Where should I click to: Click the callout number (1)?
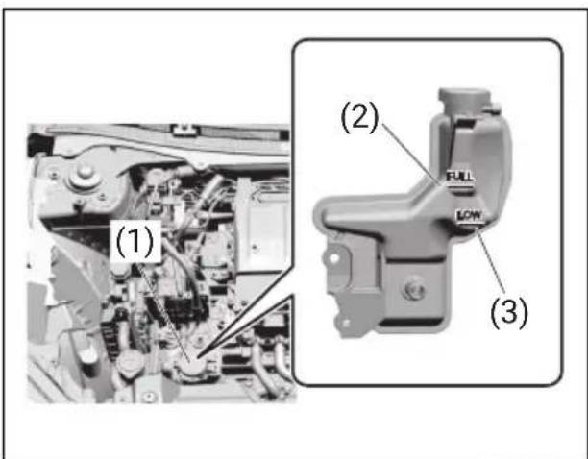pyautogui.click(x=135, y=242)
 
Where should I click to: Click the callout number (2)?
pyautogui.click(x=359, y=117)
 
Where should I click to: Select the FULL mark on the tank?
pyautogui.click(x=460, y=178)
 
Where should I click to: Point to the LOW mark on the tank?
pyautogui.click(x=470, y=215)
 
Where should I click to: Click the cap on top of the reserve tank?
pyautogui.click(x=465, y=99)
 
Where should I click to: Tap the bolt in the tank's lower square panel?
pyautogui.click(x=414, y=290)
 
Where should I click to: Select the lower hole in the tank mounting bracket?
pyautogui.click(x=345, y=323)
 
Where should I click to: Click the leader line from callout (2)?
pyautogui.click(x=412, y=154)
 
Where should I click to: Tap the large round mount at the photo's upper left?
pyautogui.click(x=85, y=176)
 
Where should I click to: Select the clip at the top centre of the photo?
pyautogui.click(x=184, y=130)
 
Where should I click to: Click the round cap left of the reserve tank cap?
pyautogui.click(x=130, y=362)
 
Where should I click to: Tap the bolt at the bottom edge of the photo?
pyautogui.click(x=150, y=397)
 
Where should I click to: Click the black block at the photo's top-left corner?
pyautogui.click(x=37, y=143)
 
